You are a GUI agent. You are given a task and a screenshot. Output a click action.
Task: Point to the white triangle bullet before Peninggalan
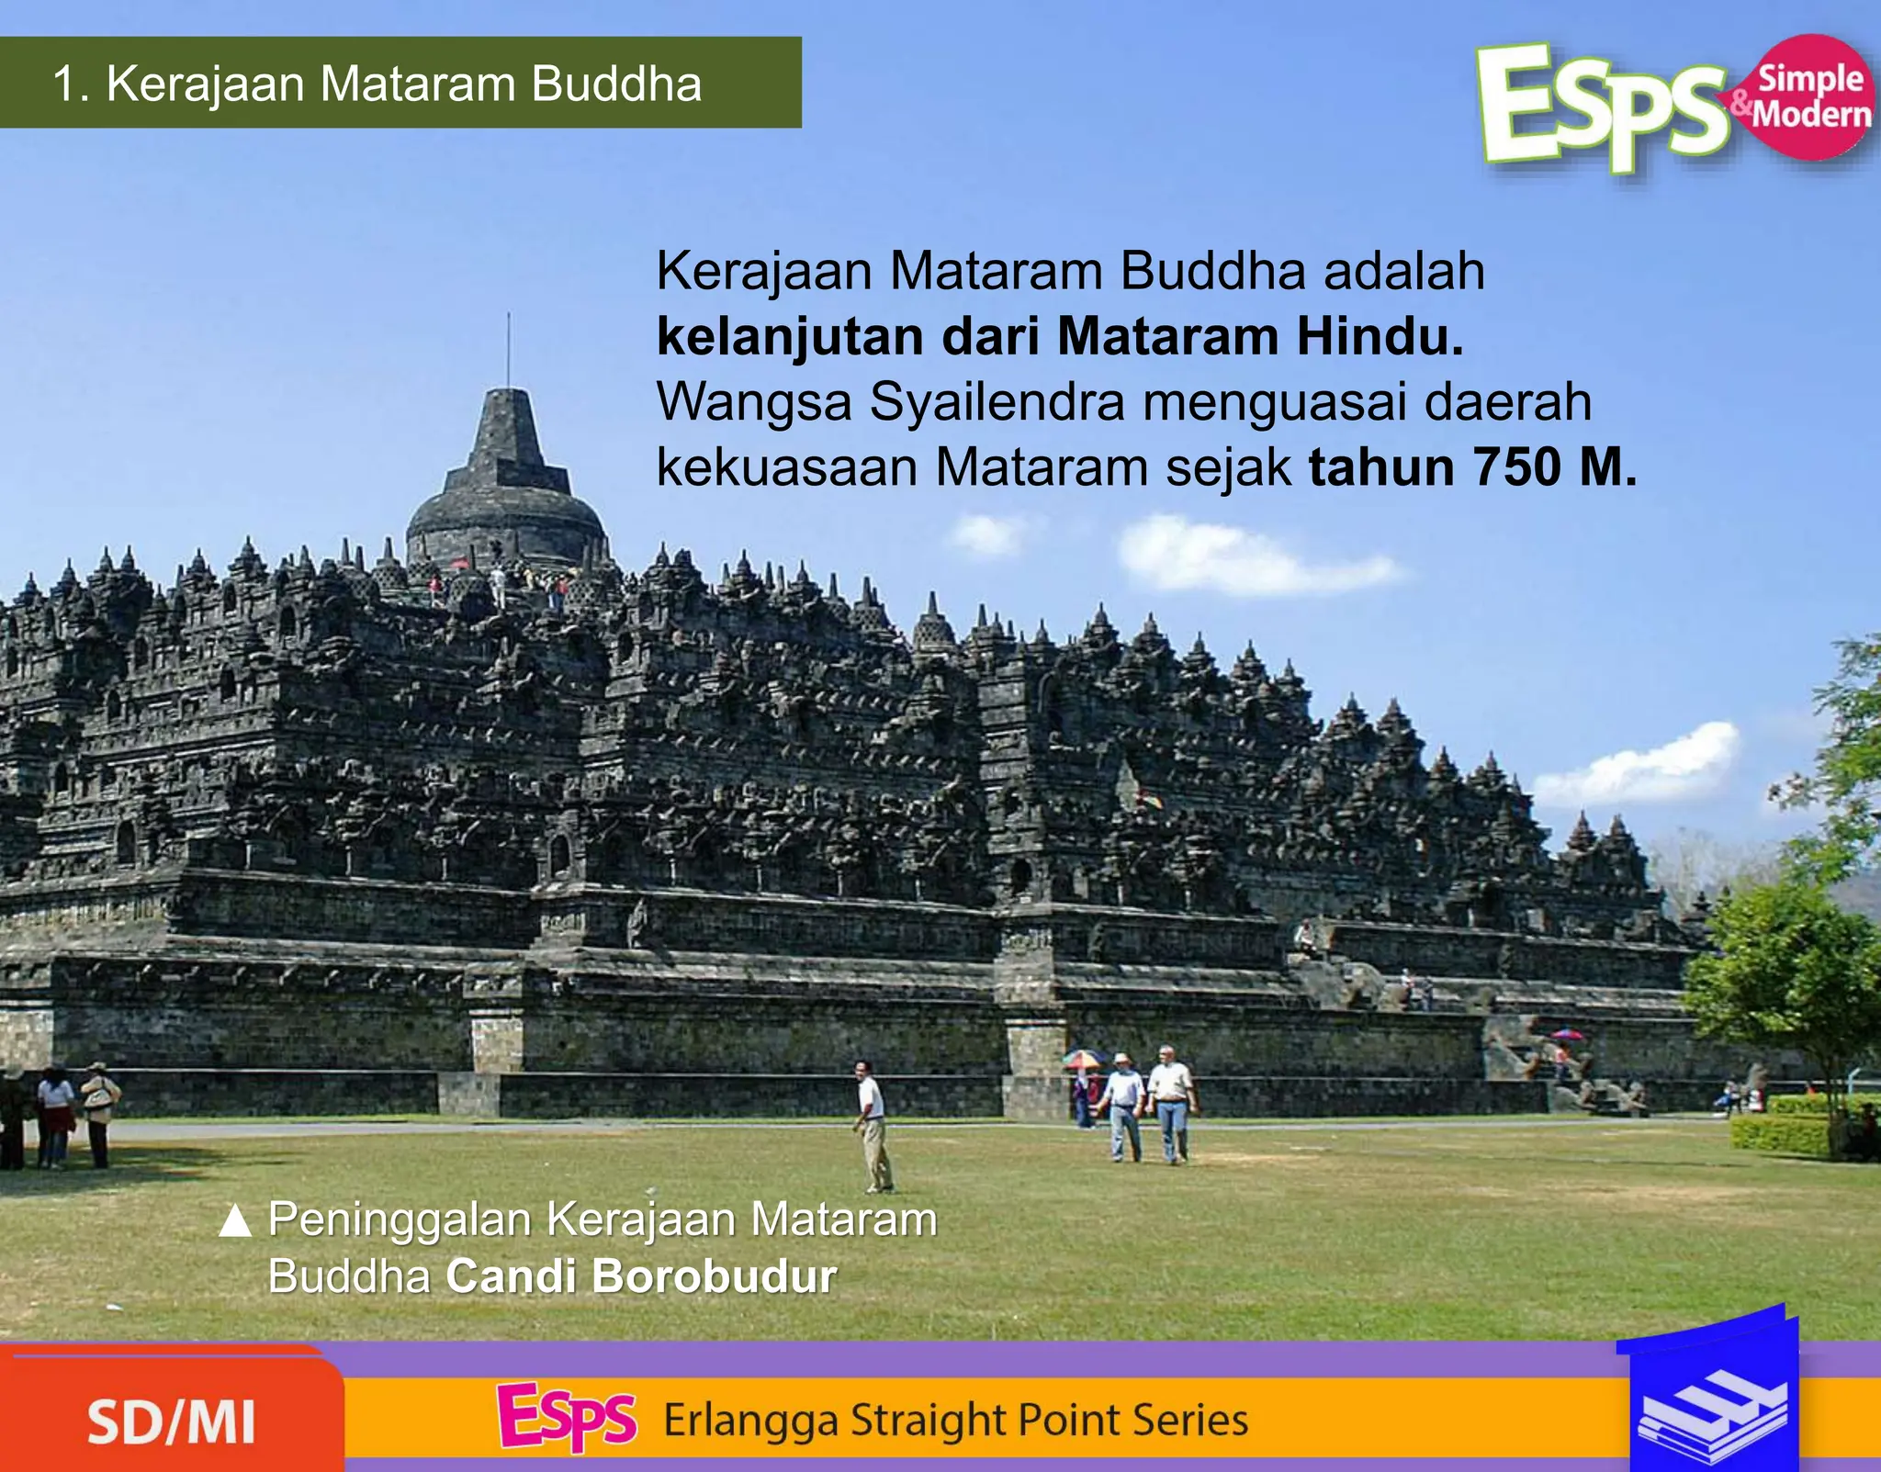pyautogui.click(x=236, y=1221)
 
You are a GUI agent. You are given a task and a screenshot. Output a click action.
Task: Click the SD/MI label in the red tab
pyautogui.click(x=171, y=1422)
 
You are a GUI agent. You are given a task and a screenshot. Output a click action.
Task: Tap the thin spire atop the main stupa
pyautogui.click(x=508, y=349)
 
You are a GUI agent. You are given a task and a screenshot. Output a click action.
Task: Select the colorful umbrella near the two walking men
pyautogui.click(x=1083, y=1059)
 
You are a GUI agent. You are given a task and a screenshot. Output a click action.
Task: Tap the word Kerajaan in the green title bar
pyautogui.click(x=205, y=84)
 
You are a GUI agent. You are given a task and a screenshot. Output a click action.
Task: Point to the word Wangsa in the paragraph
pyautogui.click(x=754, y=402)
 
